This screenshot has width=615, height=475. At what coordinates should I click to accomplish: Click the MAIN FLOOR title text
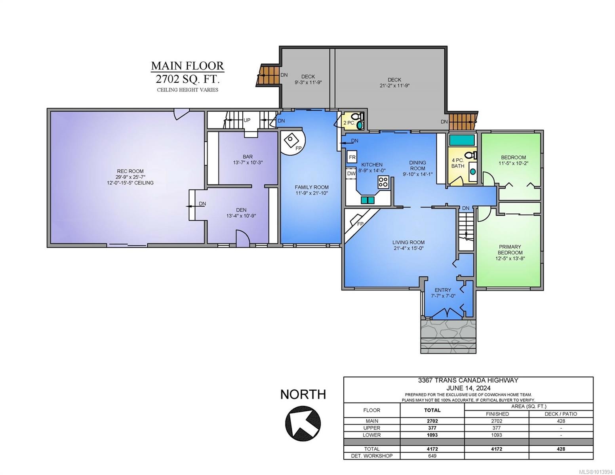point(187,66)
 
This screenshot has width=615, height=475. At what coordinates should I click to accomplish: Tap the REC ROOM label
point(130,171)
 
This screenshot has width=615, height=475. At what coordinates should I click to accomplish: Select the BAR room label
point(248,157)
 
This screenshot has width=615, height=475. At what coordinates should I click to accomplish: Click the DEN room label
point(241,210)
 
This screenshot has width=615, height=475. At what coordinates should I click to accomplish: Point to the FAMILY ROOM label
point(312,187)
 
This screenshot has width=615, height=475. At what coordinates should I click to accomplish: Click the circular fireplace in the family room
point(293,142)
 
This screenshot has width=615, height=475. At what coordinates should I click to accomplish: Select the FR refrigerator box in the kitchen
point(352,157)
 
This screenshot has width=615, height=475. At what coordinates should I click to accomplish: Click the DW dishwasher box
point(351,173)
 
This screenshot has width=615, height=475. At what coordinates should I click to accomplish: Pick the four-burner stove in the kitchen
point(383,182)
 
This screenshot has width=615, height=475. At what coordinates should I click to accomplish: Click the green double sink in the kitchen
point(367,200)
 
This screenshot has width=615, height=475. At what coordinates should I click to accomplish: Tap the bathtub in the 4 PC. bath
point(462,140)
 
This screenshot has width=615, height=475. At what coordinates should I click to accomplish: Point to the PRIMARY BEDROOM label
point(510,250)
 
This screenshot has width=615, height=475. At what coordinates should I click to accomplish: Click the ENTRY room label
point(443,290)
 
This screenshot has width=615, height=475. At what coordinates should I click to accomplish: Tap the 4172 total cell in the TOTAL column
point(432,449)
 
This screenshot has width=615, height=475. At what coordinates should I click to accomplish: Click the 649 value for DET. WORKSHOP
point(432,456)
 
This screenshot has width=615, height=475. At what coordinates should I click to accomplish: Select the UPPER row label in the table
point(371,428)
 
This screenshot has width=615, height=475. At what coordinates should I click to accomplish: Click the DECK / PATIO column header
point(561,414)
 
